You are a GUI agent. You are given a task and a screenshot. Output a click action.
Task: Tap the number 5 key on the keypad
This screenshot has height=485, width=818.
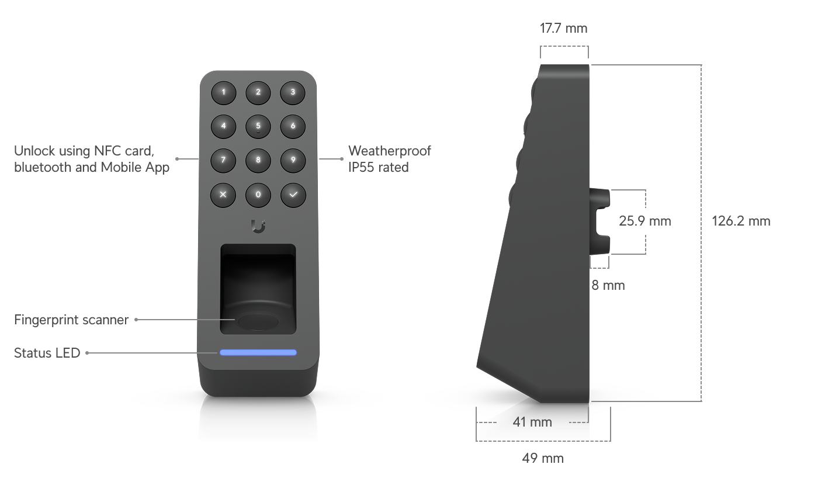258,126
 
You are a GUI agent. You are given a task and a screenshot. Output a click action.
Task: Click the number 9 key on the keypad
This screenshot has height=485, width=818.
293,160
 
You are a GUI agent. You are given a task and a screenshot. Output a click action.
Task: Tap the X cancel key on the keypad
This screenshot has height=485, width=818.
223,195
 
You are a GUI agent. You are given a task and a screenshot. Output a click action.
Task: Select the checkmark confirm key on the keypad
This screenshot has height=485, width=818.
293,195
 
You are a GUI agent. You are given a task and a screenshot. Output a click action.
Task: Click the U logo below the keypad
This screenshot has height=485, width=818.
258,227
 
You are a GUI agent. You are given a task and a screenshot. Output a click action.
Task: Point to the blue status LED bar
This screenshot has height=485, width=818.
258,352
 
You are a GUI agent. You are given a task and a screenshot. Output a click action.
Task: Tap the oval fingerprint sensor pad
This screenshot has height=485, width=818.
258,322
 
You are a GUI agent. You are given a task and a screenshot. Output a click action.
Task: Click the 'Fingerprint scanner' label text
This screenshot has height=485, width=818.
71,320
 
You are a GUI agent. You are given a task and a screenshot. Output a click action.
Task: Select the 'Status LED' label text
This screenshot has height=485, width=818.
47,353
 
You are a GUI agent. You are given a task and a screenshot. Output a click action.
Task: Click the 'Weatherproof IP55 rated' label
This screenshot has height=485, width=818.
390,159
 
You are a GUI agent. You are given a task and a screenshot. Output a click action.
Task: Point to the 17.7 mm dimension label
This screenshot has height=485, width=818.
563,29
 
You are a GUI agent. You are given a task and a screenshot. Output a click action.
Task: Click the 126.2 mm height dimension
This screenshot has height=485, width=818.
741,221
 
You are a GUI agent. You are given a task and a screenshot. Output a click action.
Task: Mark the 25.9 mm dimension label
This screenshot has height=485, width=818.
645,221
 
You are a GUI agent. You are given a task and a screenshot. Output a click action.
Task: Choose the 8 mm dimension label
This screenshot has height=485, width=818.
608,285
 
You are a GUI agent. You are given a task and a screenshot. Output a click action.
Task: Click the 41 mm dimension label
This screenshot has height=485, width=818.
532,422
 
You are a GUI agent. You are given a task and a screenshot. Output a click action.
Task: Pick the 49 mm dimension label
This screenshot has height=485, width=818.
543,458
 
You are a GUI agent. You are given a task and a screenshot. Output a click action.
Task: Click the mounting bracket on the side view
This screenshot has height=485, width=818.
599,221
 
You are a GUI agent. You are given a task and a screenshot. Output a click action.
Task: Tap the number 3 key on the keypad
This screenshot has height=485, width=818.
293,92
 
